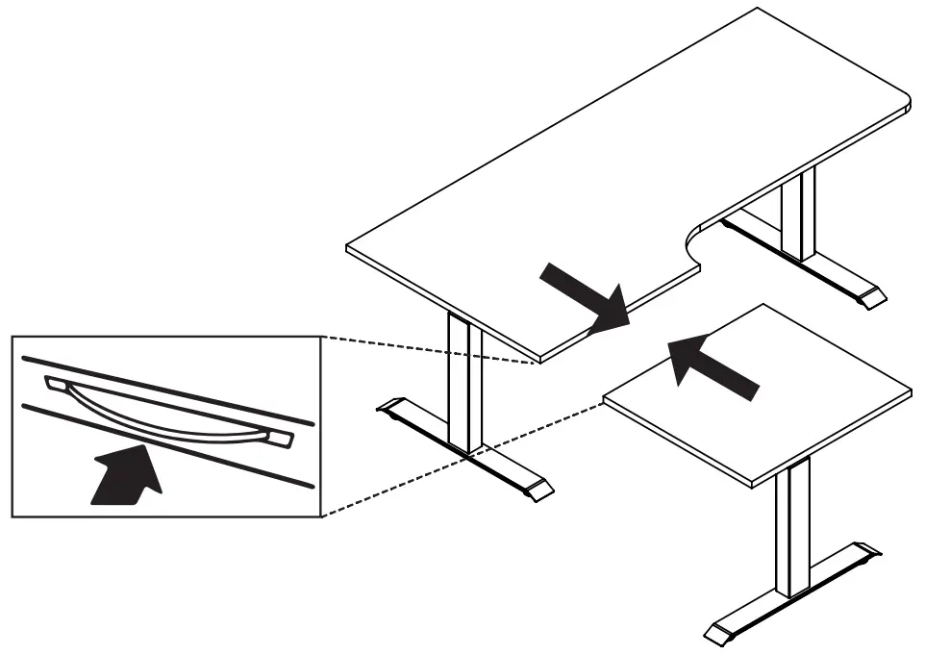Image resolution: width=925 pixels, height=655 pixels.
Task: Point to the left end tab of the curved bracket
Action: tap(58, 385)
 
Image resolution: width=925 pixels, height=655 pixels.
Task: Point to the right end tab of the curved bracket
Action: tap(280, 439)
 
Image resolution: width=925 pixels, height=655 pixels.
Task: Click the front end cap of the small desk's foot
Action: tap(720, 634)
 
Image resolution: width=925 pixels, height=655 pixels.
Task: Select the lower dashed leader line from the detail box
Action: tap(462, 458)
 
